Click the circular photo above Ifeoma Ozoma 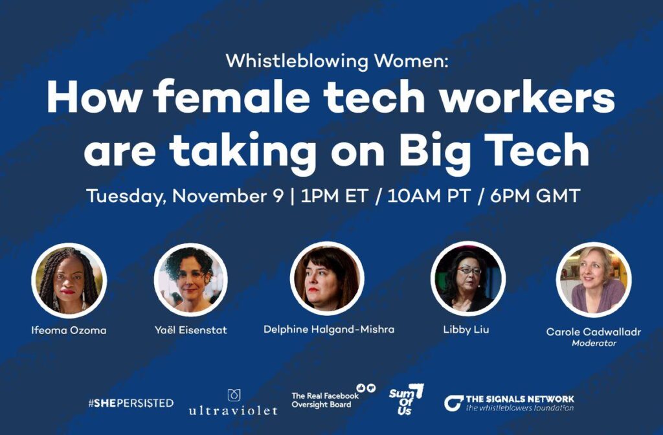pyautogui.click(x=69, y=280)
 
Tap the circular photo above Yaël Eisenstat pyautogui.click(x=191, y=280)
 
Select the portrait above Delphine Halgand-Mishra pyautogui.click(x=327, y=278)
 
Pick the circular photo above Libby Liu pyautogui.click(x=468, y=278)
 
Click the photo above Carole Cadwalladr pyautogui.click(x=594, y=280)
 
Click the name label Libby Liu pyautogui.click(x=466, y=329)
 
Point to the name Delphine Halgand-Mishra pyautogui.click(x=329, y=329)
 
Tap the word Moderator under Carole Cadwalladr pyautogui.click(x=594, y=343)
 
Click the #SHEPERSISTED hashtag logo pyautogui.click(x=131, y=403)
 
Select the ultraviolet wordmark pyautogui.click(x=233, y=410)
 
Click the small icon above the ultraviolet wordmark pyautogui.click(x=234, y=396)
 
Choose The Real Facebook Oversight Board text pyautogui.click(x=325, y=400)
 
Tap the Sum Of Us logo pyautogui.click(x=406, y=399)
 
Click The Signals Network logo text pyautogui.click(x=509, y=403)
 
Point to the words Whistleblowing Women pyautogui.click(x=337, y=61)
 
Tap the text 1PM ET pyautogui.click(x=335, y=195)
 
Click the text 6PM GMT pyautogui.click(x=535, y=195)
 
